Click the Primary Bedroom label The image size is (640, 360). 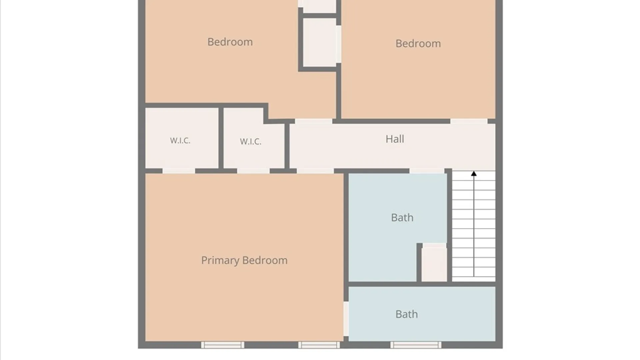[244, 260]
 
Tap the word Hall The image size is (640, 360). [395, 139]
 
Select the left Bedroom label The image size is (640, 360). [230, 42]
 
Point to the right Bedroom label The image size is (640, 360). [418, 44]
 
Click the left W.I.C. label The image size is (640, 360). [180, 141]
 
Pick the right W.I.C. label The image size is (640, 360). [250, 142]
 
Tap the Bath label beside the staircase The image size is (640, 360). [402, 218]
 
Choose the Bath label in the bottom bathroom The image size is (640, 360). [406, 314]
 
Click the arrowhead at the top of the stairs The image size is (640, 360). [474, 174]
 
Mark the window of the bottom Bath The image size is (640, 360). [416, 345]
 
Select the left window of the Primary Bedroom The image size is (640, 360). [223, 345]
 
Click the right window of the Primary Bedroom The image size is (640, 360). [319, 345]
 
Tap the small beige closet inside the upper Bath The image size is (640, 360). [434, 262]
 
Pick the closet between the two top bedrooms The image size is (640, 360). [320, 42]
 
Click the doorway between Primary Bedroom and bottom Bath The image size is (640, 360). [346, 319]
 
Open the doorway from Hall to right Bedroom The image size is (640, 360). [469, 121]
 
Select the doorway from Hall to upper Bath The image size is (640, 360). [427, 171]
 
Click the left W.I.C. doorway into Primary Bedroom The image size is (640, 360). [179, 171]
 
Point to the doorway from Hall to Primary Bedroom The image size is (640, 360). [315, 171]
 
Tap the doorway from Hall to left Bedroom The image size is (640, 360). [314, 121]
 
